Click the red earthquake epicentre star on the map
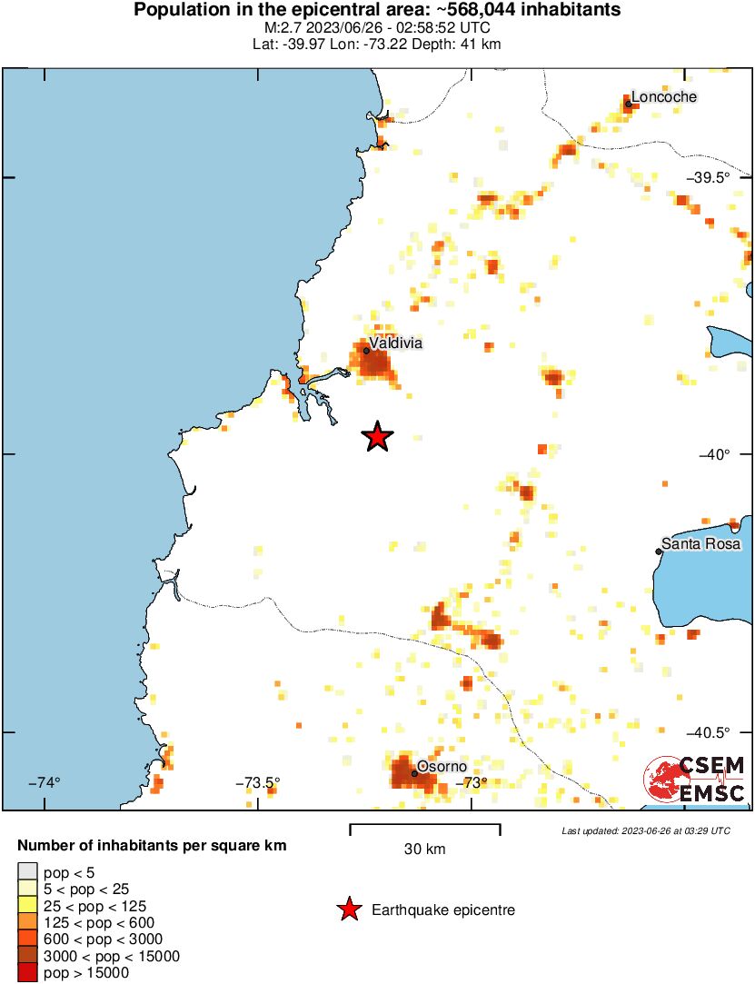[378, 437]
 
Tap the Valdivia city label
[396, 343]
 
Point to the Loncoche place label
[663, 96]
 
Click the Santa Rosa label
[700, 544]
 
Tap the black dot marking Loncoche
[628, 104]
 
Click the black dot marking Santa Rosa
[659, 551]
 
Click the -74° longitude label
[45, 782]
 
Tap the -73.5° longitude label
[258, 782]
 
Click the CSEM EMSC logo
[695, 779]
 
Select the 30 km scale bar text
[424, 850]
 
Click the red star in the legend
[348, 909]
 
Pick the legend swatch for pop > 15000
[28, 973]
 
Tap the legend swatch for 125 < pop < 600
[28, 922]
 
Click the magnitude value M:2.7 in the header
[280, 27]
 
